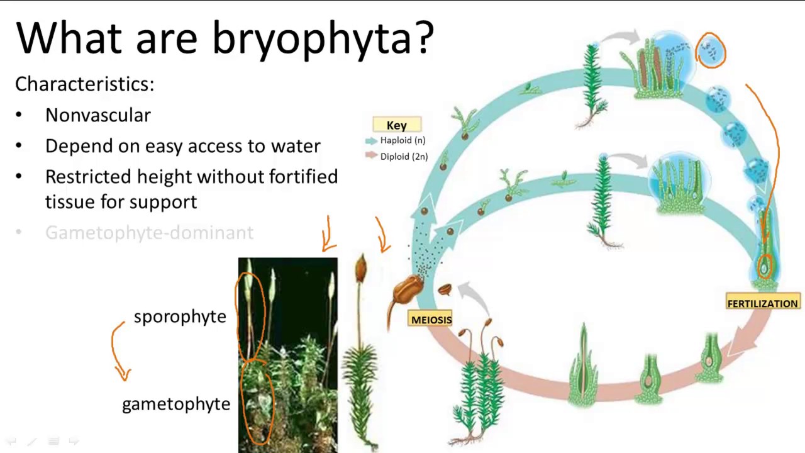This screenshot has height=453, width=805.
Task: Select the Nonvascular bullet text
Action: [x=98, y=115]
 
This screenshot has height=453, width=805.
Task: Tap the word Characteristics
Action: [x=84, y=84]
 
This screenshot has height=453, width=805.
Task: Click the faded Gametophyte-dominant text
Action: [x=149, y=233]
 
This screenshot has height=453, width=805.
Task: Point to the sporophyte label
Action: [x=180, y=316]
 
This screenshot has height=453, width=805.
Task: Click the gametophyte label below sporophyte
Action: [x=176, y=404]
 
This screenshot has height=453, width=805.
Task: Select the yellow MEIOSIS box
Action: [x=431, y=320]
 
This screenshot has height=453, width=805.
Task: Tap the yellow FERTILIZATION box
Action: [x=762, y=303]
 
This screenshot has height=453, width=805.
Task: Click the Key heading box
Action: [x=396, y=125]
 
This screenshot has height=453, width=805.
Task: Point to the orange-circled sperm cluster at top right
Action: [x=711, y=50]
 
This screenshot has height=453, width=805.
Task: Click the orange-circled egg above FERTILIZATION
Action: [x=765, y=267]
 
